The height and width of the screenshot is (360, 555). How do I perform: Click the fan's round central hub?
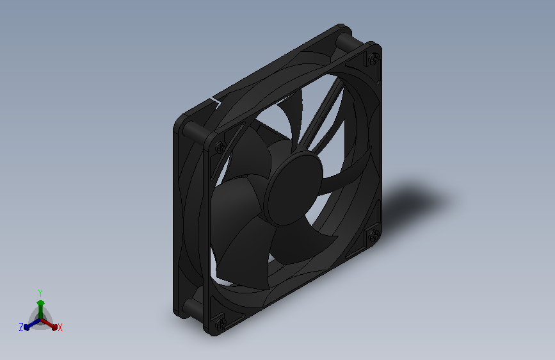(294, 188)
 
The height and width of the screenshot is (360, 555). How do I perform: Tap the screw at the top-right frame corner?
(374, 58)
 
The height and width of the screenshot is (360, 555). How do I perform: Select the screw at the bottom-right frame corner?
(373, 234)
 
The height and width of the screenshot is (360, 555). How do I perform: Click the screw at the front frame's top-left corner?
(221, 145)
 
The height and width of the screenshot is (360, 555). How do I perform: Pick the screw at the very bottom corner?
(221, 323)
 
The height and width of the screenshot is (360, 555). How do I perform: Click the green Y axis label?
(40, 293)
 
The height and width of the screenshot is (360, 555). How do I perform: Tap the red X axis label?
(60, 327)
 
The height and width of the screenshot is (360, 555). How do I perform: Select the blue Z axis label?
(21, 327)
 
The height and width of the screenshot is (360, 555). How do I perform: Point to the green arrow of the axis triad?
(41, 309)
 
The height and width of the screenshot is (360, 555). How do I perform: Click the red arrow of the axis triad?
(49, 324)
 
